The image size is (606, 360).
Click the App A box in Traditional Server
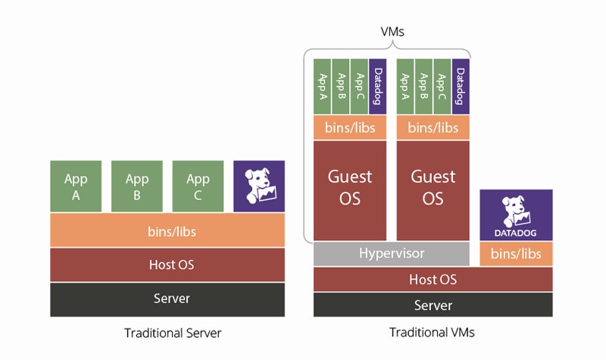(76, 186)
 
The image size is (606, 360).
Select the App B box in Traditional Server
(137, 186)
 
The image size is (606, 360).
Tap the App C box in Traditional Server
(198, 186)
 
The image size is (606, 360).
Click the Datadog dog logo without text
(259, 186)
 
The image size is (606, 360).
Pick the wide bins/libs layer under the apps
(167, 230)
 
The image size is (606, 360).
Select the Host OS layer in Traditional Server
(167, 265)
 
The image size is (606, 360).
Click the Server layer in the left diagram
(167, 299)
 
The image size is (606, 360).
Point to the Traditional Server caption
(173, 333)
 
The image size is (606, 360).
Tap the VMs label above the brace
(392, 33)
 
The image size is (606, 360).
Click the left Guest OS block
(350, 189)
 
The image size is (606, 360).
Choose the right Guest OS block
(433, 189)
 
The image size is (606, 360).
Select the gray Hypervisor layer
(392, 253)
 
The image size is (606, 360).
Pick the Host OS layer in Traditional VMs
(433, 279)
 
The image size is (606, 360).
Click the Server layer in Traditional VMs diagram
(433, 305)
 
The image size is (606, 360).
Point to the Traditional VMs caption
(432, 333)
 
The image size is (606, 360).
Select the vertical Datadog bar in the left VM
(378, 86)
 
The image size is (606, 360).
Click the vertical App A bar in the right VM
(405, 86)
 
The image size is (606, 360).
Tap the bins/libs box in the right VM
(433, 127)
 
